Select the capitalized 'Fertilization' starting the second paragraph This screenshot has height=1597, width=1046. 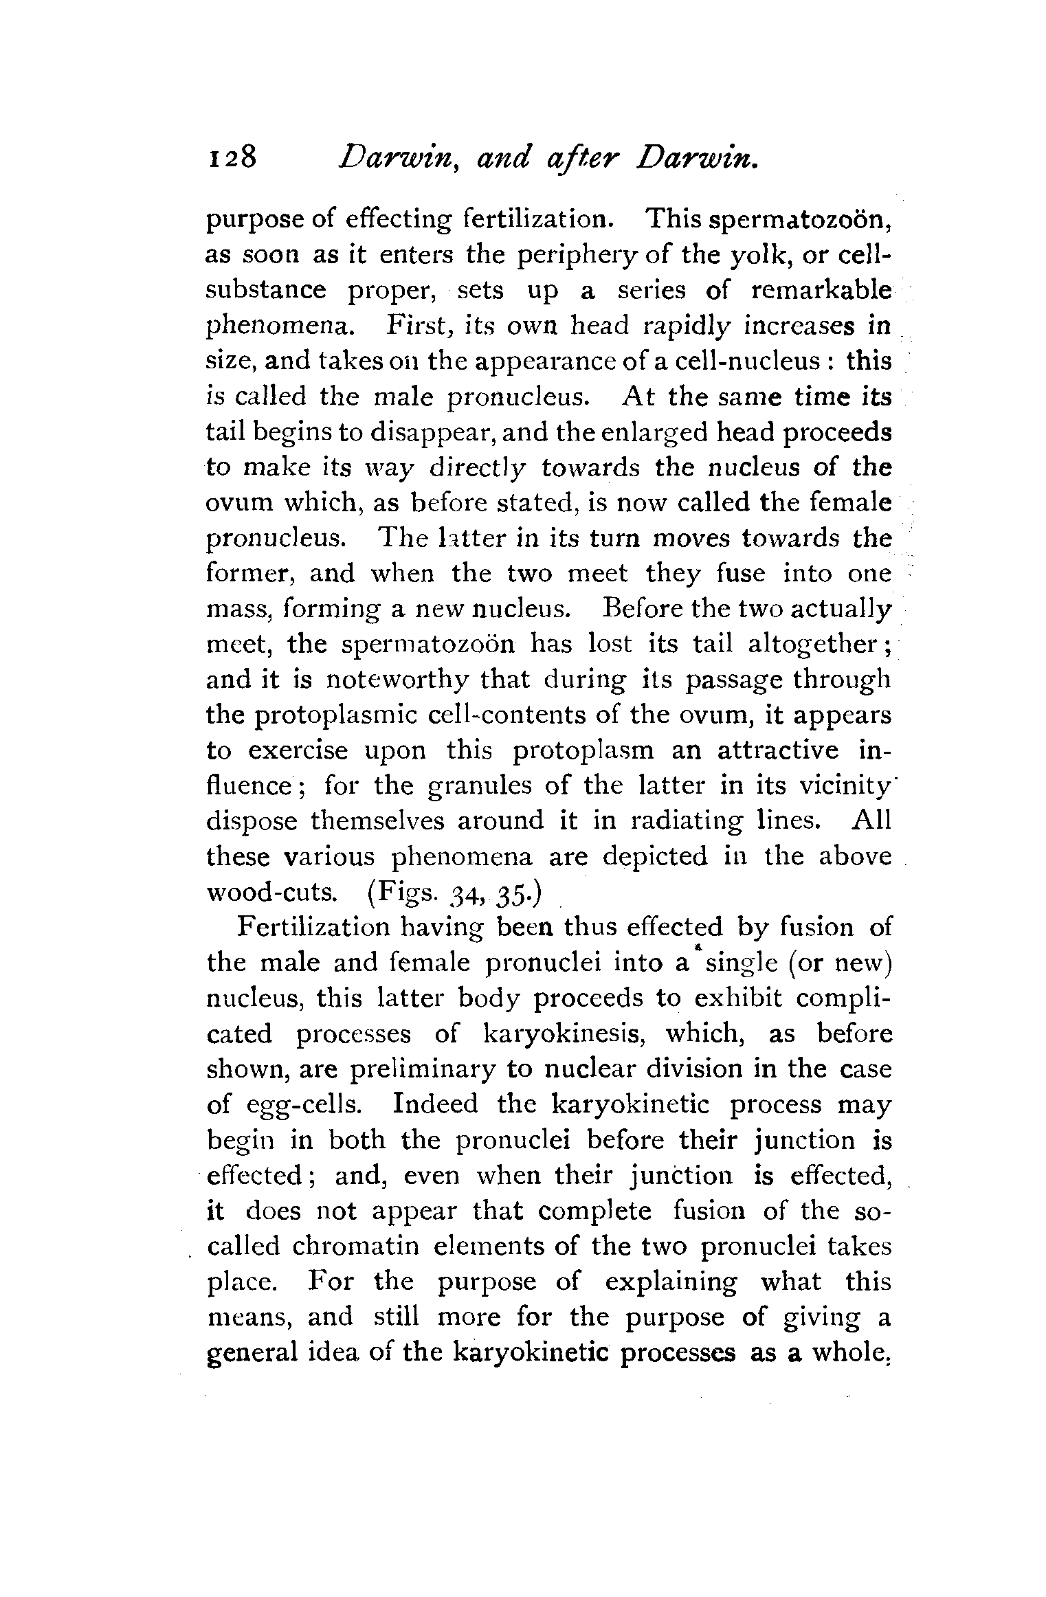coord(312,928)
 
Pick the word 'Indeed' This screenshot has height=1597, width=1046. coord(435,1105)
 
